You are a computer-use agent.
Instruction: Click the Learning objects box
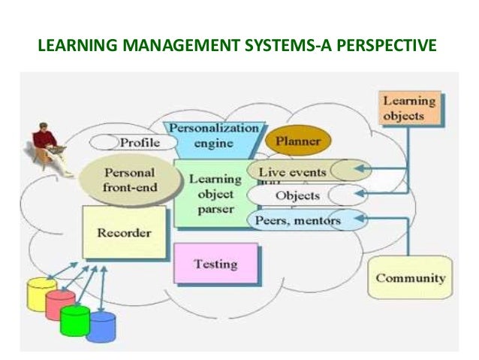(x=408, y=108)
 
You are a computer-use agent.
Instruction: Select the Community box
(x=410, y=277)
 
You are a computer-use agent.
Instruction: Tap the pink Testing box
(x=215, y=264)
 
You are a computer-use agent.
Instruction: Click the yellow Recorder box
(x=124, y=232)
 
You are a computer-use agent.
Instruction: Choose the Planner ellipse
(x=298, y=141)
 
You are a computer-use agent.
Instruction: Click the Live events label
(x=292, y=171)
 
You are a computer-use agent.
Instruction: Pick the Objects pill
(x=297, y=196)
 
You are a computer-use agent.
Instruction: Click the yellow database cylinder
(x=41, y=293)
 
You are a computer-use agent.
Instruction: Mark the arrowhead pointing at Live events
(x=360, y=169)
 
